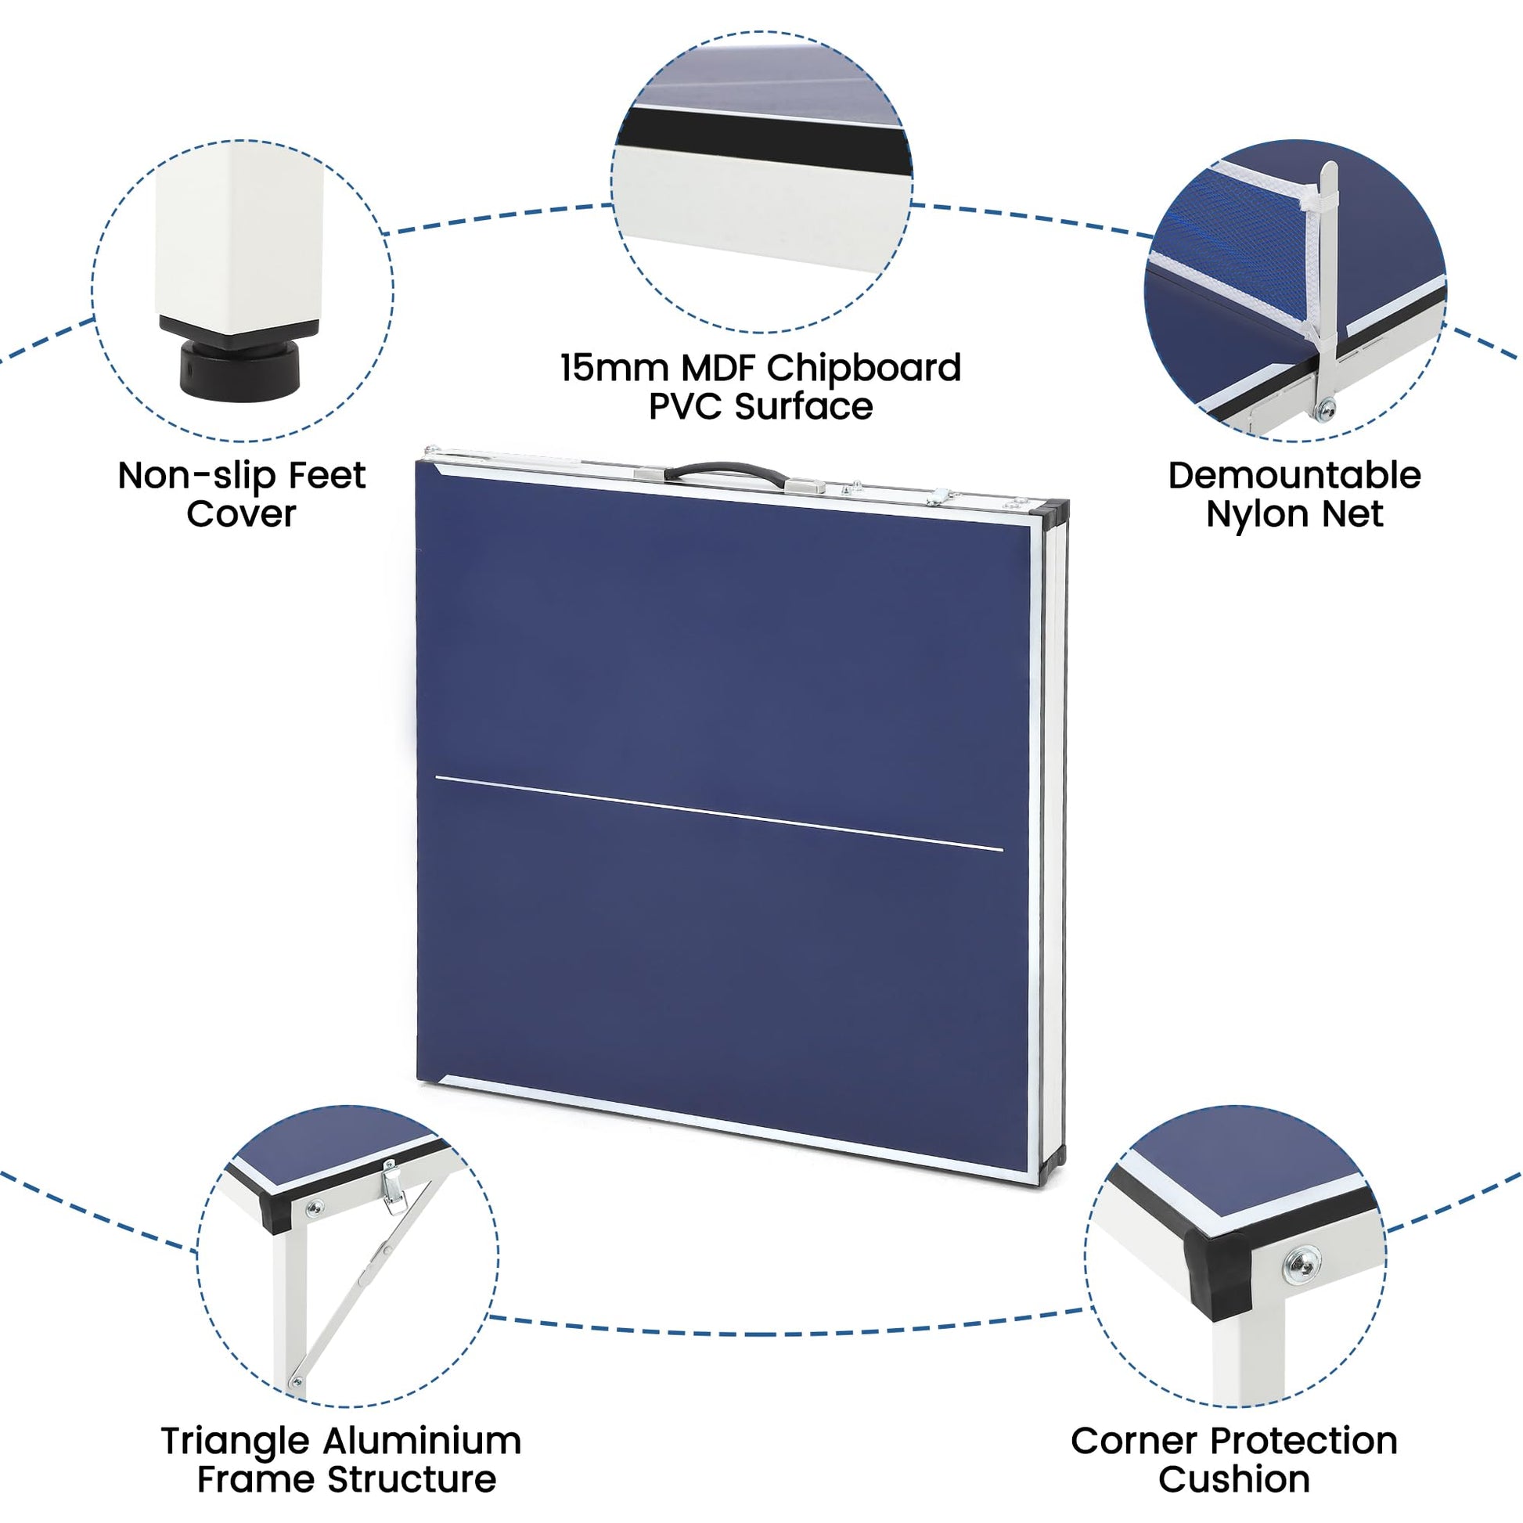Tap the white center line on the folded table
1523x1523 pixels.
719,813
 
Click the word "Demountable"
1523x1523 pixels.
1294,476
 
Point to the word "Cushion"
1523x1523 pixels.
1233,1480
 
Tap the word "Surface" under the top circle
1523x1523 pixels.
804,408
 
